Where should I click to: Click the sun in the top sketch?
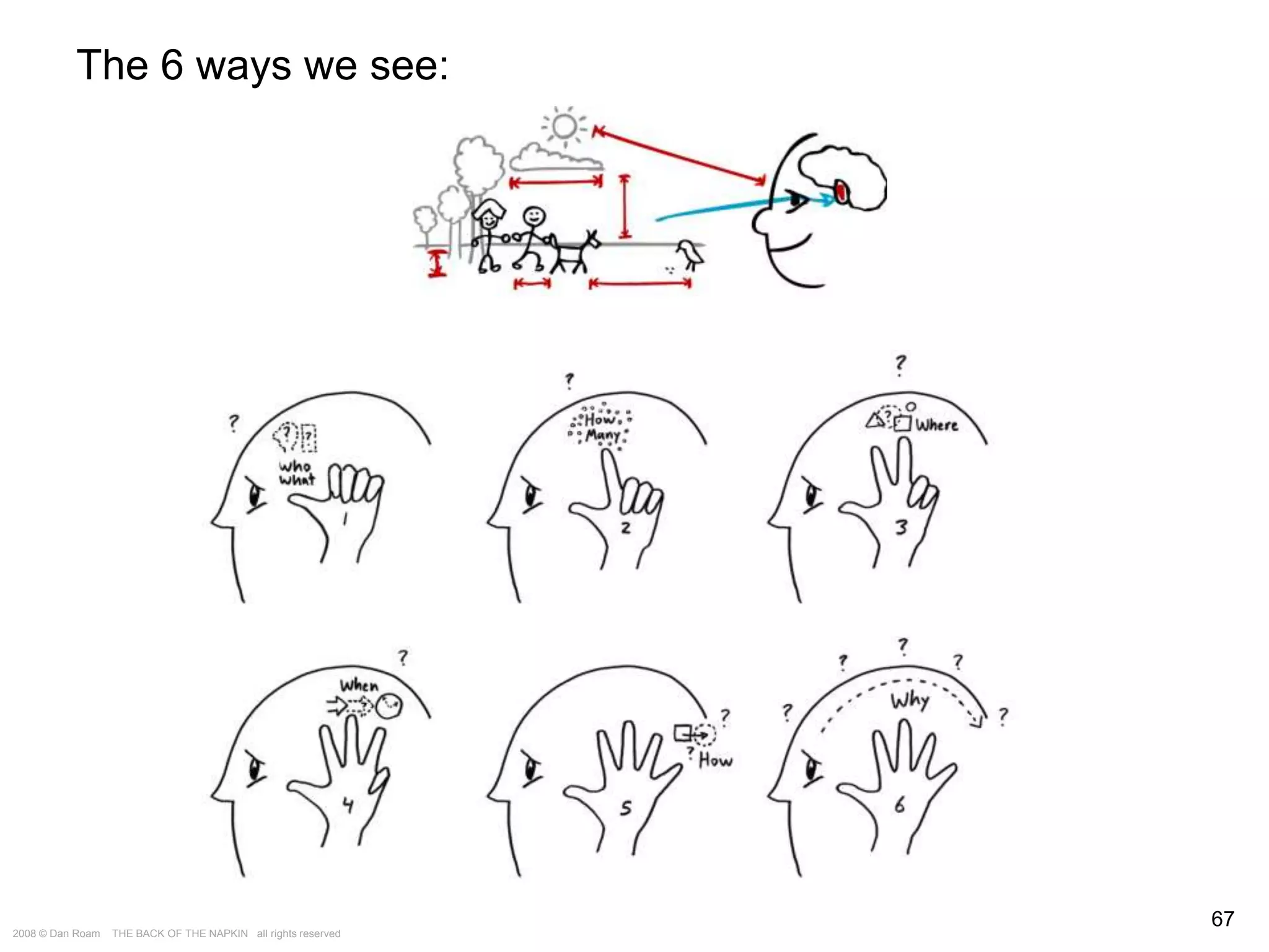[564, 126]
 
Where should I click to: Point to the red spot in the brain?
[841, 191]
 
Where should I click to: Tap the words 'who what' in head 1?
[296, 472]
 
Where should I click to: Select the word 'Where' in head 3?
[936, 425]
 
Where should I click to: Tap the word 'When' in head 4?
[359, 685]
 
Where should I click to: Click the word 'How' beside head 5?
[715, 760]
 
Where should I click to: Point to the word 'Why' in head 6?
[910, 701]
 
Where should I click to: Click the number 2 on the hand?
[626, 528]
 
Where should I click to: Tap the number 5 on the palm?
[626, 808]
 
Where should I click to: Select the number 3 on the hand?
[901, 527]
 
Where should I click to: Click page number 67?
[1222, 919]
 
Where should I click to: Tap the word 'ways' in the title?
[244, 65]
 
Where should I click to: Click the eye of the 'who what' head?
[254, 495]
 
